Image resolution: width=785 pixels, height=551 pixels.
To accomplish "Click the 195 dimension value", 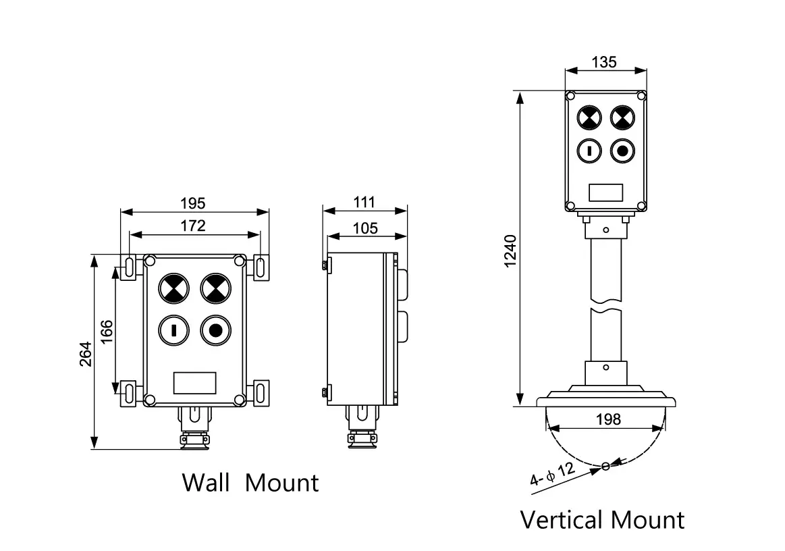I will pos(193,203).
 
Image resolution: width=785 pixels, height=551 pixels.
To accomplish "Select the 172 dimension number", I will pos(193,226).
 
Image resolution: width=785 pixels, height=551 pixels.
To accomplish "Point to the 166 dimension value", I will pos(107,333).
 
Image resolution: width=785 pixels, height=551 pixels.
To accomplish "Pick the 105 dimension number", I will pos(365,228).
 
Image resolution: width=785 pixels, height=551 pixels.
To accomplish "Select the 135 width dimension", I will pos(604,62).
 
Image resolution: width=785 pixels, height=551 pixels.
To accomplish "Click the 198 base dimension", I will pos(608,419).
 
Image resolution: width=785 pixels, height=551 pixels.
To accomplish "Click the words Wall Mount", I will pos(250,483).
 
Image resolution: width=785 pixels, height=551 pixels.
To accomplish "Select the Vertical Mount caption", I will pos(602,520).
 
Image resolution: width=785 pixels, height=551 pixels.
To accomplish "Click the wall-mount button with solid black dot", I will pos(215,330).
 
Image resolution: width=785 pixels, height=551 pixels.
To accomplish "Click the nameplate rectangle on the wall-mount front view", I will pos(195,383).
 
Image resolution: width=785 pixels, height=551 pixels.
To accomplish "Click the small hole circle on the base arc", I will pos(605,466).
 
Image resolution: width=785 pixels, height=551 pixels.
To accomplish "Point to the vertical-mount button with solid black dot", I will pos(622,150).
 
